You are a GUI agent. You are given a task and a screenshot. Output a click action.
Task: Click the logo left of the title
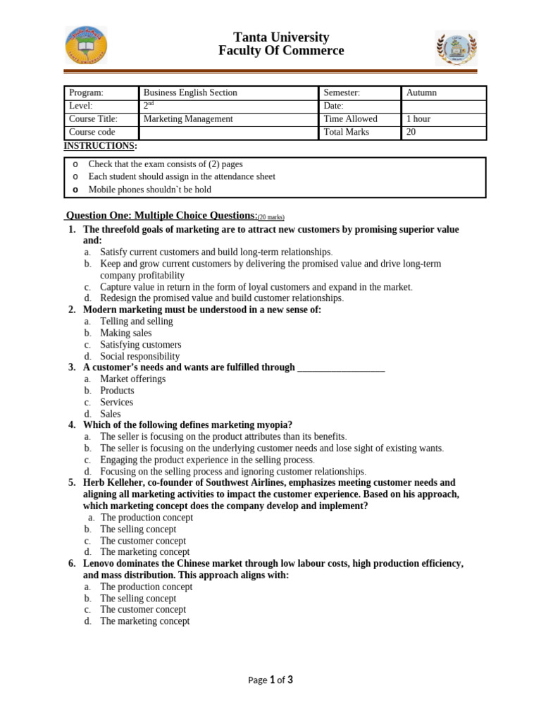[x=87, y=45]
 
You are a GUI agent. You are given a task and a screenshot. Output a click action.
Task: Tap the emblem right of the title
[x=456, y=48]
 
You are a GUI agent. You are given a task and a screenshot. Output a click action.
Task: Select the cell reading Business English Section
[x=190, y=93]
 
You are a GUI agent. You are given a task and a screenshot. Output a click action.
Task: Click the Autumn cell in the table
[x=421, y=93]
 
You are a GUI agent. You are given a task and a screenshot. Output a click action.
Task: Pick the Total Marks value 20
[x=412, y=133]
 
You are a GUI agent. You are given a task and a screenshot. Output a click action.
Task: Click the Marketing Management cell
[x=188, y=119]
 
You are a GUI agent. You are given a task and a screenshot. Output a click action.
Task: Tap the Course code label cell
[x=92, y=133]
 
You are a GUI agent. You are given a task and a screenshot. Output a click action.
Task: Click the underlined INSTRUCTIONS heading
[x=101, y=146]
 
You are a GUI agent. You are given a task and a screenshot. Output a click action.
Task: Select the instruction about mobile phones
[x=149, y=190]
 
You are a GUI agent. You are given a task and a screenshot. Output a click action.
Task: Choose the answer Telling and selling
[x=136, y=322]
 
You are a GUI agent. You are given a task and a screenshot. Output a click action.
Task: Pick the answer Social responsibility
[x=139, y=357]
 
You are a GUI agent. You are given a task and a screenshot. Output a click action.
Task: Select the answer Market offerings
[x=132, y=379]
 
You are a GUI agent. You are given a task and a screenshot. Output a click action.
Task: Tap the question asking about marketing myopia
[x=187, y=424]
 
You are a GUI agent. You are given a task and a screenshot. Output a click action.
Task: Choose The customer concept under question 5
[x=143, y=541]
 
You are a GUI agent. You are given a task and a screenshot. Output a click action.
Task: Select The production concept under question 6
[x=146, y=587]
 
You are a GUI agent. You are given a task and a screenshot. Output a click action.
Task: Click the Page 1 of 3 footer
[x=270, y=680]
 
